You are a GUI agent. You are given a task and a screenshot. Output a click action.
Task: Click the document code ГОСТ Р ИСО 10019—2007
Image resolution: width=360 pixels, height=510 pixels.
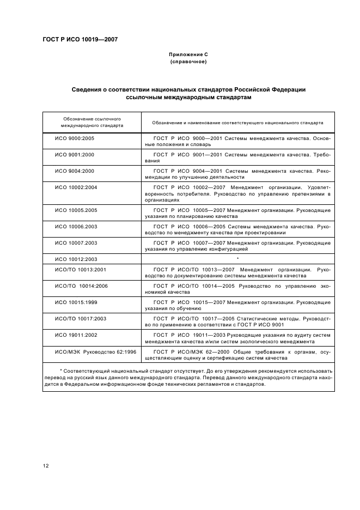click(x=80, y=39)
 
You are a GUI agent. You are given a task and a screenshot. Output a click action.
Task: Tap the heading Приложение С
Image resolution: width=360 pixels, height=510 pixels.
click(x=188, y=55)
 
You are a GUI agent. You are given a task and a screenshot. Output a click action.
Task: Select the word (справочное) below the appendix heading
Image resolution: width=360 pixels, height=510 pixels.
click(x=188, y=62)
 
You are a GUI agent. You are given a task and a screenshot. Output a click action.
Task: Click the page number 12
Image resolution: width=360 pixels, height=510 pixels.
click(x=46, y=465)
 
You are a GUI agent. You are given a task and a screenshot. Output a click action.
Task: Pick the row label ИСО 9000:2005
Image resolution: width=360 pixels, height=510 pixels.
click(x=75, y=139)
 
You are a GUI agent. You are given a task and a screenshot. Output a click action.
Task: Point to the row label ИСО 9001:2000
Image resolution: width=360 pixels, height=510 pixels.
click(x=75, y=155)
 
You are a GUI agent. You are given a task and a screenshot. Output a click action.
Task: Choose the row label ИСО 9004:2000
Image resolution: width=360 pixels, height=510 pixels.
click(x=75, y=171)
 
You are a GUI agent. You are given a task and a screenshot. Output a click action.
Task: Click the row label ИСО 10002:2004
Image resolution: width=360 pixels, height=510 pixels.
click(x=76, y=187)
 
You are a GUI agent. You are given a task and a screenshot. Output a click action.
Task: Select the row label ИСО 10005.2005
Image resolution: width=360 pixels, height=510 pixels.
click(x=76, y=210)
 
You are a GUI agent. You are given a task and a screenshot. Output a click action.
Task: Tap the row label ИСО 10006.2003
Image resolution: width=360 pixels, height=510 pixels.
click(x=76, y=226)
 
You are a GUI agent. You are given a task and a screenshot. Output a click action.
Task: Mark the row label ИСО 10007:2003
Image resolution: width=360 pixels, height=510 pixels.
click(x=76, y=242)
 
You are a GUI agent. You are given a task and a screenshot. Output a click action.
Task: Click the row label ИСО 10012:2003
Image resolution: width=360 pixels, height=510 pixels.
click(x=76, y=259)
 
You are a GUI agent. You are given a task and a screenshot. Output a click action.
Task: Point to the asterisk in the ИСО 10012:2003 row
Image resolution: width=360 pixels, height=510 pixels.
click(x=238, y=258)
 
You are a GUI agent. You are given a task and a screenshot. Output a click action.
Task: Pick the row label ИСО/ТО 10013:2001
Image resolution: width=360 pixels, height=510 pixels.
click(x=81, y=270)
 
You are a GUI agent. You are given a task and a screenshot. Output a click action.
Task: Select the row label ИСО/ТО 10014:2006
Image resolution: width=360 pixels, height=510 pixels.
click(x=82, y=286)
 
